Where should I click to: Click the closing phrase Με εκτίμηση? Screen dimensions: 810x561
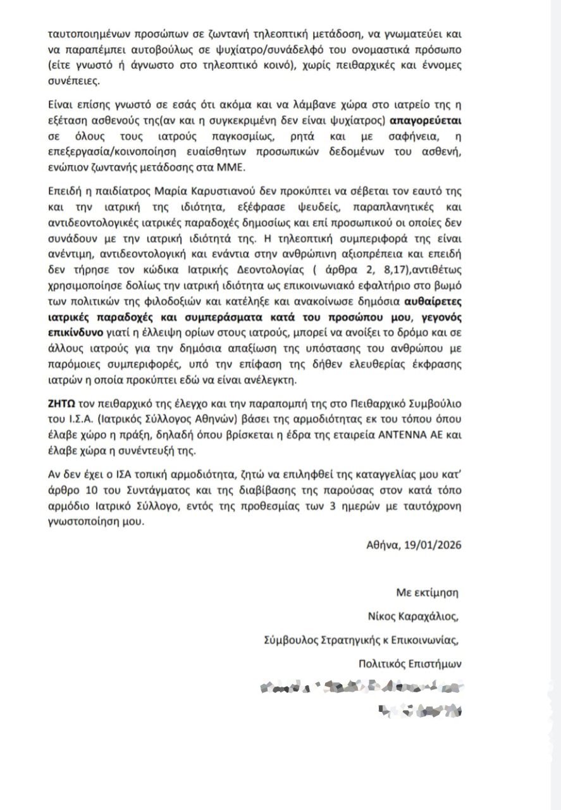[426, 592]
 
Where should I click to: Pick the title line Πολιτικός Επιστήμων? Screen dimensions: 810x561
[410, 663]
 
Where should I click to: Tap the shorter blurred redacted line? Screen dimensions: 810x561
[418, 710]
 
